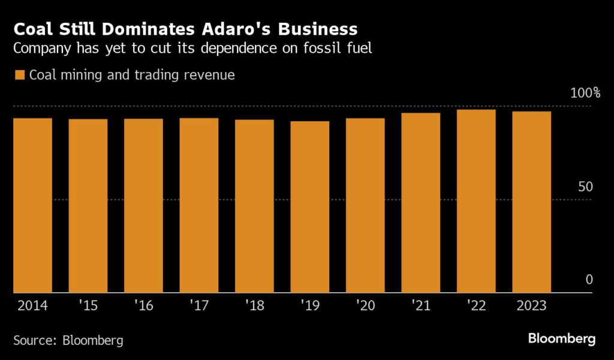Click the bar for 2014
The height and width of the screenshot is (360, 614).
(x=33, y=205)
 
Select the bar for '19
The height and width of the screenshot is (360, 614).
(x=310, y=207)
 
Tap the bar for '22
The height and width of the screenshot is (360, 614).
(x=476, y=201)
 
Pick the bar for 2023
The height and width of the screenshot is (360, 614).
(x=531, y=202)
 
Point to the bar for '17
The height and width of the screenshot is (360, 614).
(x=199, y=205)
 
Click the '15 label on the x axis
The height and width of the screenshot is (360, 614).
(x=88, y=306)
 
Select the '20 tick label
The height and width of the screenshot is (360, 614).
(x=365, y=306)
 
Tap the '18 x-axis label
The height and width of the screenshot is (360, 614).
(x=254, y=306)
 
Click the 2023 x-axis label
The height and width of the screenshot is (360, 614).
(x=531, y=306)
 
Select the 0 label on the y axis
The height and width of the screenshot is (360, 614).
(x=589, y=280)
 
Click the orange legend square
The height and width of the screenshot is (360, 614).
(x=19, y=75)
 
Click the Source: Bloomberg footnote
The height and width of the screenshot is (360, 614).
(x=68, y=340)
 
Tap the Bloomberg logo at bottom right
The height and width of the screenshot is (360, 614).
(x=562, y=339)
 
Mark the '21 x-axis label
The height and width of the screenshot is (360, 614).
(x=420, y=306)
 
